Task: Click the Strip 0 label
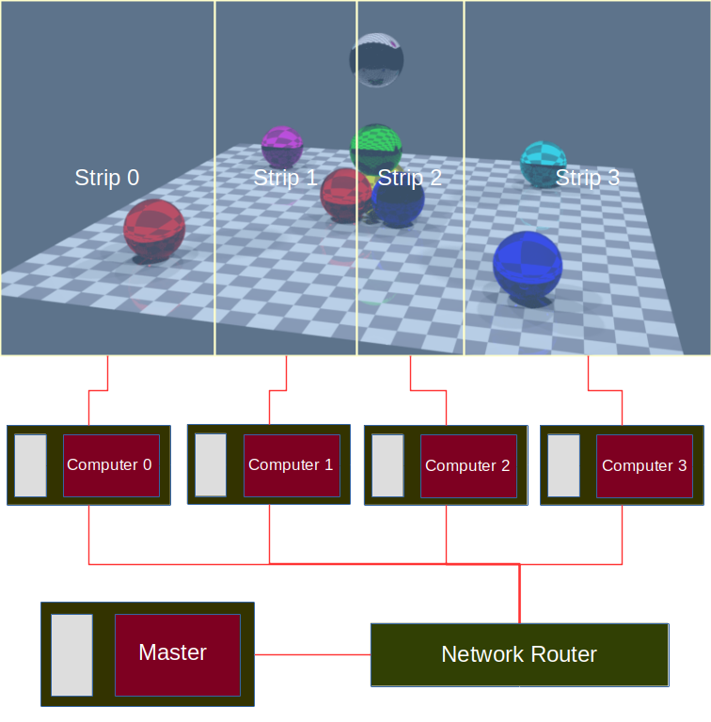(106, 178)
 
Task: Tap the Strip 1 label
(285, 178)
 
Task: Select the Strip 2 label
(409, 178)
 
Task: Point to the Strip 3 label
(587, 178)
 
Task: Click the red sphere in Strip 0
(154, 229)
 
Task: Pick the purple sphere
(281, 147)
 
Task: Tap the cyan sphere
(543, 163)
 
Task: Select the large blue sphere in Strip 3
(527, 266)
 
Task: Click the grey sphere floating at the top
(376, 61)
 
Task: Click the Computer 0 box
(111, 465)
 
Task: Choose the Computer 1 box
(292, 465)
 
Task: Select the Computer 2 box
(467, 466)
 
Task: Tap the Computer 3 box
(643, 466)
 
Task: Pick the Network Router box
(519, 654)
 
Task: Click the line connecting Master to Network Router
(312, 654)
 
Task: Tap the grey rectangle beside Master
(71, 654)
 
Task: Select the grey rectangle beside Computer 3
(563, 465)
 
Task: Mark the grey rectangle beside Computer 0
(30, 465)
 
